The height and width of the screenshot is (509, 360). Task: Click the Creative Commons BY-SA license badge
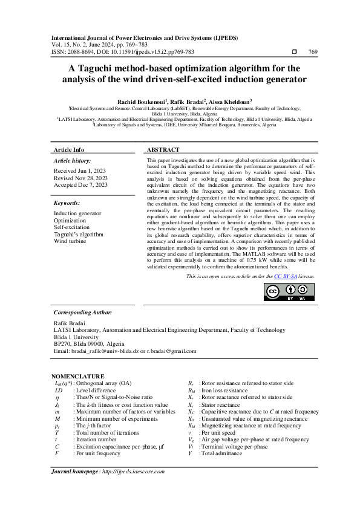[281, 291]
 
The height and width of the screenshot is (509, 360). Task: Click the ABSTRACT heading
[163, 150]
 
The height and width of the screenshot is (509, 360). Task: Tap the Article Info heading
[69, 150]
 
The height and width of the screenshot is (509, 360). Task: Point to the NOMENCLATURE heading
[77, 376]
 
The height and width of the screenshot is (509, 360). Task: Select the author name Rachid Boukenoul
[138, 101]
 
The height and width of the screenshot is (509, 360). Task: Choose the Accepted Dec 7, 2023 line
[81, 185]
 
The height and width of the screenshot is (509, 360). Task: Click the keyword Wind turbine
[70, 241]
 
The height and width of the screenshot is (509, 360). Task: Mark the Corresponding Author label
[83, 313]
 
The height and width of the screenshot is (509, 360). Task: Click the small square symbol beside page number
[294, 52]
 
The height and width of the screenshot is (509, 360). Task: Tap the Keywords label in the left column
[67, 203]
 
